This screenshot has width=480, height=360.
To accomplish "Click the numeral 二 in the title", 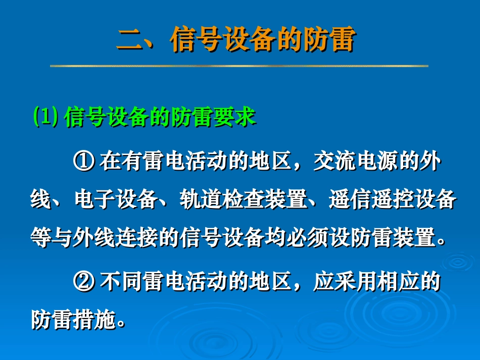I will click(130, 40).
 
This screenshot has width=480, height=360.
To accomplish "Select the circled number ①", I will click(84, 162).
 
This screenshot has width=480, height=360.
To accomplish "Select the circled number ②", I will click(84, 282).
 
